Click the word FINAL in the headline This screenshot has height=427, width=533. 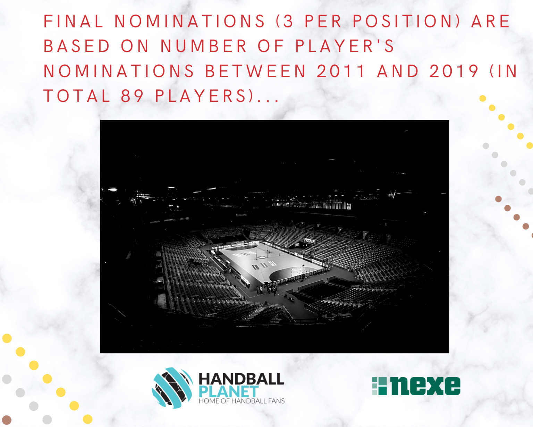[73, 21]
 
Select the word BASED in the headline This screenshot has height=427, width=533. [77, 46]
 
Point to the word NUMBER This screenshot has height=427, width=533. [204, 46]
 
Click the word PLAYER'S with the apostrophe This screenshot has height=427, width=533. [345, 46]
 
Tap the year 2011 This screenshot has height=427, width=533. [340, 71]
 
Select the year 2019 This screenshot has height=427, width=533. [454, 71]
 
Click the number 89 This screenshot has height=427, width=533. [132, 96]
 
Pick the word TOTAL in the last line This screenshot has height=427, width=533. [77, 96]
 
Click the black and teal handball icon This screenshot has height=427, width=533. [172, 388]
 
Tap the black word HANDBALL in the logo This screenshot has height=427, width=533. [242, 379]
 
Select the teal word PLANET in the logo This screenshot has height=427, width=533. [229, 392]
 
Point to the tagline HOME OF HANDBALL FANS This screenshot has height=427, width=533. [242, 401]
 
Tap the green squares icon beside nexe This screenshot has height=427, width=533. [379, 386]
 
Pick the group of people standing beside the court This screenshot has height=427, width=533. [268, 290]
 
